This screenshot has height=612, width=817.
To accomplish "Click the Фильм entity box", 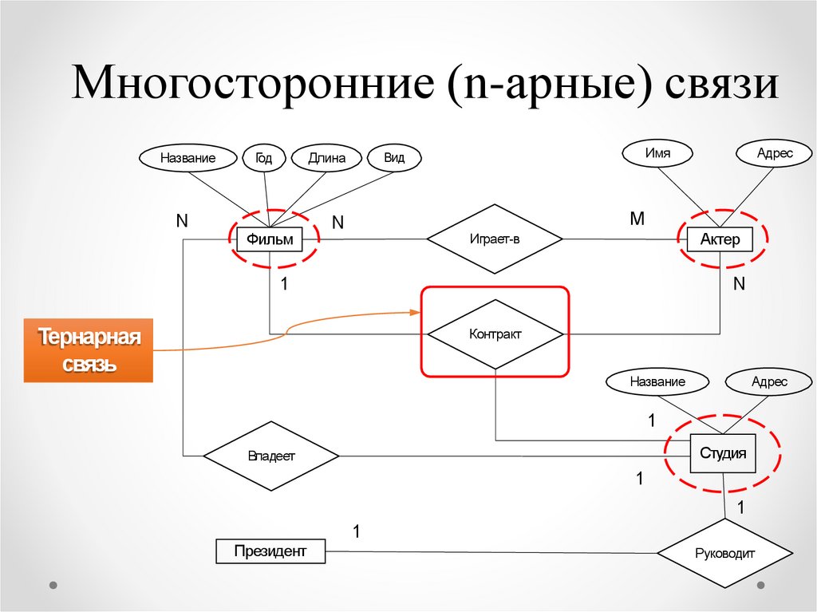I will point(270,239).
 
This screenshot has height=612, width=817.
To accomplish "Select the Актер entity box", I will point(720,239).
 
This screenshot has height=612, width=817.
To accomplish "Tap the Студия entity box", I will point(723,453).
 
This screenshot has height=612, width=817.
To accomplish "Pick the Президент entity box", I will point(270,551).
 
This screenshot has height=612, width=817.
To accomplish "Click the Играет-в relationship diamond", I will point(495,239).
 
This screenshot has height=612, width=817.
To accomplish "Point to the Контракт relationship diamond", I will point(495,334).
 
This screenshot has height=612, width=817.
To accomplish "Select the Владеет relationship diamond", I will point(271,456).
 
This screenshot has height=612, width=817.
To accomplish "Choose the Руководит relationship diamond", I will point(724,553).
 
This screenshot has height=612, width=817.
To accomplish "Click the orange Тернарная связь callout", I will point(89,350).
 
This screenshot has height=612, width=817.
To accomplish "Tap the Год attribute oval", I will point(263,157).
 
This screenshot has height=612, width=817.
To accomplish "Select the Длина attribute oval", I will point(326,158).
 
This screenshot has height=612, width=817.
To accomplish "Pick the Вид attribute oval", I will point(394,157).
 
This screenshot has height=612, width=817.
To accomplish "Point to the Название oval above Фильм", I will point(187,158).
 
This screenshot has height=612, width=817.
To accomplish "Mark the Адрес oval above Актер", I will point(775,154).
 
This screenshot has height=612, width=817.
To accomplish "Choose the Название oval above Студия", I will point(657,381).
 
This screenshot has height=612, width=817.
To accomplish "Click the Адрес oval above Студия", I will point(769,381).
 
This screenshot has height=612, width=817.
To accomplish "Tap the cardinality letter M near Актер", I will point(637,218).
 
